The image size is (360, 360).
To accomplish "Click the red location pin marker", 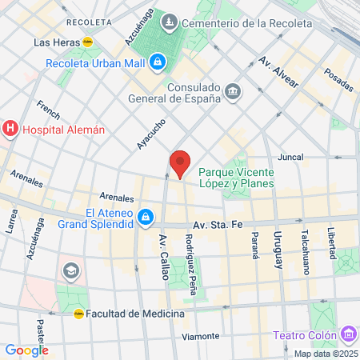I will point(180,163).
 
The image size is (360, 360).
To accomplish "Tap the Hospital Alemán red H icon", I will point(10,128).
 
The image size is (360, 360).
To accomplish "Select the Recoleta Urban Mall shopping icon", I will point(158,61).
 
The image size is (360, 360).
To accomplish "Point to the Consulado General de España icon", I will point(233,91).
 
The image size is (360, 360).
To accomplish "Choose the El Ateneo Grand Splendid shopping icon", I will point(146,216).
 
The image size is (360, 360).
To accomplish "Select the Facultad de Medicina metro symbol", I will point(78,314).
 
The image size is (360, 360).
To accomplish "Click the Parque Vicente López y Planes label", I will point(236,178).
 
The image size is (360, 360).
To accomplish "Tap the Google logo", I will point(26,350).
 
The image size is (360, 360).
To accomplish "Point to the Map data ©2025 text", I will point(325,354).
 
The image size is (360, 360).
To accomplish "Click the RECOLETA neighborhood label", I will point(89,22).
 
